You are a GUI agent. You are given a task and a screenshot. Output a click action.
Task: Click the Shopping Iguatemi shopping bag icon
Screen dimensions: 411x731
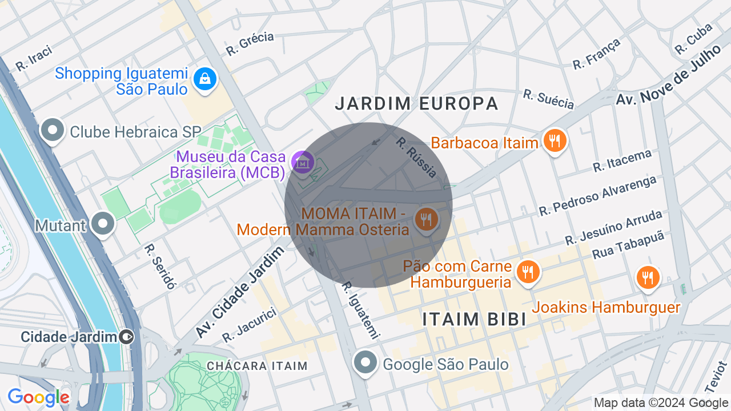pyautogui.click(x=204, y=79)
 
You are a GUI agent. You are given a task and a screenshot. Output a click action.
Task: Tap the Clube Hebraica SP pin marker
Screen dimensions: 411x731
pyautogui.click(x=53, y=131)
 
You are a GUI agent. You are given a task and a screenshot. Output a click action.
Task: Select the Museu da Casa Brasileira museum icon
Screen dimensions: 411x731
pyautogui.click(x=303, y=162)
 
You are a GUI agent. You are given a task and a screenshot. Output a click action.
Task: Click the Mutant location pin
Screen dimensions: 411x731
pyautogui.click(x=103, y=224)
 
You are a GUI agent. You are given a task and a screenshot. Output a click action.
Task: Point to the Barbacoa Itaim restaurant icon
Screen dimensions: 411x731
pyautogui.click(x=555, y=140)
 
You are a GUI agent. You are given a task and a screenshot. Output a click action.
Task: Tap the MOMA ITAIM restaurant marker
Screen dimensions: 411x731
pyautogui.click(x=426, y=219)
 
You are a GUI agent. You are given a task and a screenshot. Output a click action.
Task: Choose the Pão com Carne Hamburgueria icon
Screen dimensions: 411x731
pyautogui.click(x=528, y=272)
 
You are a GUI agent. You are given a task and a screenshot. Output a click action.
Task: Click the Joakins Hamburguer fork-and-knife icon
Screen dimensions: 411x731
pyautogui.click(x=647, y=278)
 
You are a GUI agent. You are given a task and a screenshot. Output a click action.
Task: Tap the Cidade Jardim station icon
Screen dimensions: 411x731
pyautogui.click(x=127, y=337)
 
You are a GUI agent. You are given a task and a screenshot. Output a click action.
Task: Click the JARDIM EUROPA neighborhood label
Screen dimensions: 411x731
pyautogui.click(x=416, y=103)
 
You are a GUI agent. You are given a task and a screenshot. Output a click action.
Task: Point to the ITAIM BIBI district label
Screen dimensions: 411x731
pyautogui.click(x=474, y=320)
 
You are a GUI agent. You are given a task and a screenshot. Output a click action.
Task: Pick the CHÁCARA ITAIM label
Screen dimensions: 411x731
pyautogui.click(x=257, y=365)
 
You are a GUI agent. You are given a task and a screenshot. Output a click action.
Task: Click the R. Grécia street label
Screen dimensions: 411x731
pyautogui.click(x=250, y=44)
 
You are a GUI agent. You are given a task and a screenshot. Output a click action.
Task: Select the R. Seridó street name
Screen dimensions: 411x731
pyautogui.click(x=160, y=266)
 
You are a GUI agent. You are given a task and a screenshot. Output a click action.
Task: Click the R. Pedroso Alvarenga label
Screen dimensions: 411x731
pyautogui.click(x=598, y=197)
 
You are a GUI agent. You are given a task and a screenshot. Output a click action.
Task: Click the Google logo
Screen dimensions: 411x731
pyautogui.click(x=38, y=397)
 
